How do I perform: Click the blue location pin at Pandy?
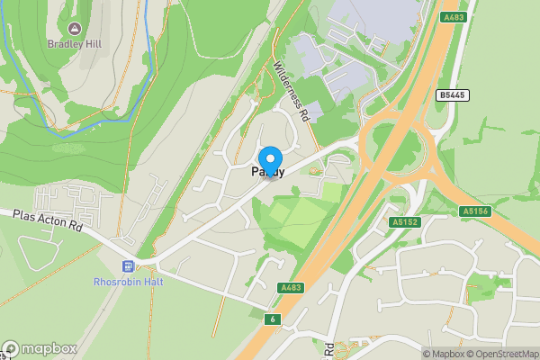(x=270, y=159)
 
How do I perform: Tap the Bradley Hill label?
(x=74, y=42)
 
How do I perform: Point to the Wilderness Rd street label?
(x=292, y=92)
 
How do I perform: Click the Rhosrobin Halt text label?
(x=127, y=281)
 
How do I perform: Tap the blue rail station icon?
(x=127, y=266)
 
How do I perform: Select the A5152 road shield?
(x=404, y=221)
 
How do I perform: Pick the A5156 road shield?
(x=474, y=211)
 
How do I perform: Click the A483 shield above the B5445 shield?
(x=453, y=17)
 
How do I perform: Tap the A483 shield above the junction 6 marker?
(x=290, y=287)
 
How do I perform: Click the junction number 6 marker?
(x=271, y=319)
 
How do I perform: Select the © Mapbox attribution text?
(x=444, y=354)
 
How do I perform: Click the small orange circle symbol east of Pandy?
(x=312, y=170)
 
